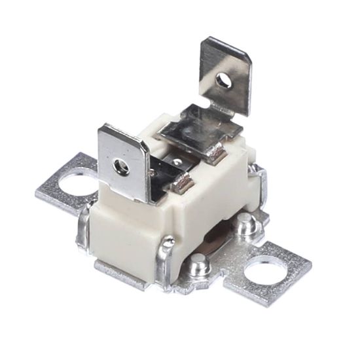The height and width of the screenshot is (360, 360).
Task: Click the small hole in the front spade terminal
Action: point(119,166)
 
